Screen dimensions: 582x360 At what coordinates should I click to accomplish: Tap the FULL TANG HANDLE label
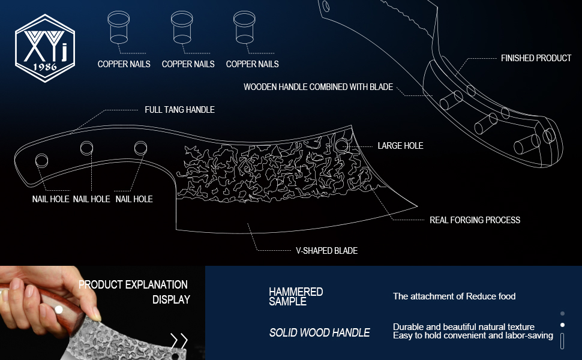[179, 110]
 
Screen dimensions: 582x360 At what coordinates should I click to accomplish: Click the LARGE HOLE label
[400, 146]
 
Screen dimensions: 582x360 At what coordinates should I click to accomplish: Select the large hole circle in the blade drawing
[341, 145]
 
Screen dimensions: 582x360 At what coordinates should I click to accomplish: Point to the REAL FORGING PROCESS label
[475, 220]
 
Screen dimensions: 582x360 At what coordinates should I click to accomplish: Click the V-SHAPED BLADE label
[326, 251]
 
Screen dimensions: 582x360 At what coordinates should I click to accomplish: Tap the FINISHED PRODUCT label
[536, 58]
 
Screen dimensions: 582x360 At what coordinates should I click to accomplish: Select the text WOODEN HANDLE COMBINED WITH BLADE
[318, 87]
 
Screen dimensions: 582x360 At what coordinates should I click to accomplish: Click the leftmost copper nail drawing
[118, 28]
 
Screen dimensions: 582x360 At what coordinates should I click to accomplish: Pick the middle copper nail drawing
[182, 28]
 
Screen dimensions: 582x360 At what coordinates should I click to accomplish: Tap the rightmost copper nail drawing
[244, 28]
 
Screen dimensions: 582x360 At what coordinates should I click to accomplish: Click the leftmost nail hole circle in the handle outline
[41, 160]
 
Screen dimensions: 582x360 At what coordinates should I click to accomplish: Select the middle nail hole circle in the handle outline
[86, 148]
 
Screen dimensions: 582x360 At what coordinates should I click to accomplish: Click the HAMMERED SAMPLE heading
[296, 296]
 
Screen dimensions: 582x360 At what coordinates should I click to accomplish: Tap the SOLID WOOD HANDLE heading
[319, 332]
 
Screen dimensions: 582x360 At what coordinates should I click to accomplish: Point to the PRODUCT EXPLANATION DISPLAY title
[133, 292]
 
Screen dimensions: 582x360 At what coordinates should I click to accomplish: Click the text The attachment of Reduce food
[454, 296]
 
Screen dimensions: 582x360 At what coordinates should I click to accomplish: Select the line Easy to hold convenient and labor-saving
[473, 335]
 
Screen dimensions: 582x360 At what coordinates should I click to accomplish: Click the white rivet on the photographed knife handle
[59, 310]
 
